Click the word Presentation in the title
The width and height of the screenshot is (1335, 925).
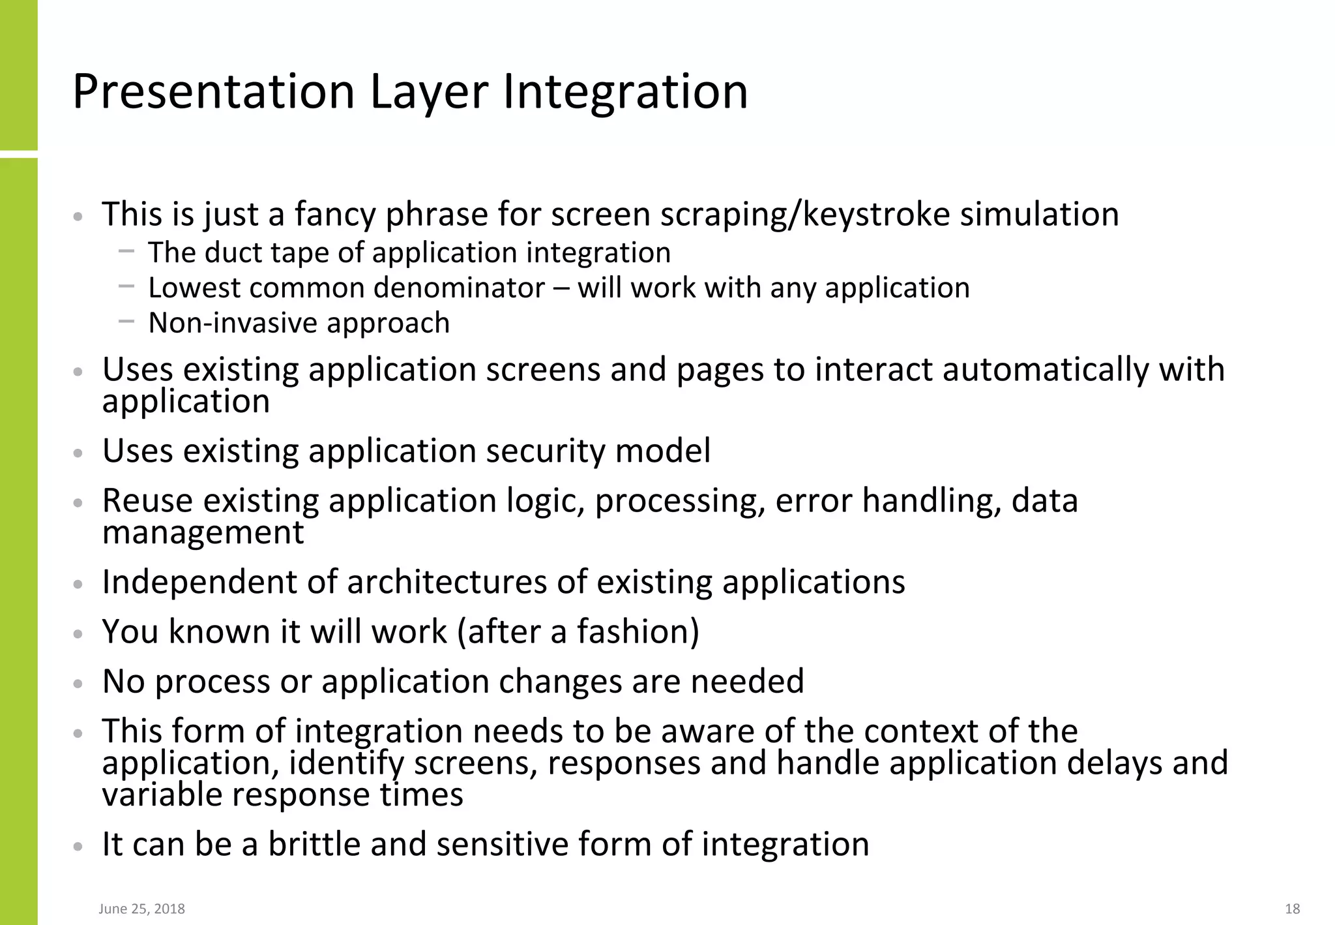point(213,91)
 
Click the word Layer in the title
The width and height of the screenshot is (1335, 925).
point(429,91)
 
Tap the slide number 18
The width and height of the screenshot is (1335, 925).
point(1292,909)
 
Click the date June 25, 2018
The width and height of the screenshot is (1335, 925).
point(141,909)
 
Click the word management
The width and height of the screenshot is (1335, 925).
point(203,533)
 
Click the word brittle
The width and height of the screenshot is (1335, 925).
point(314,844)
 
